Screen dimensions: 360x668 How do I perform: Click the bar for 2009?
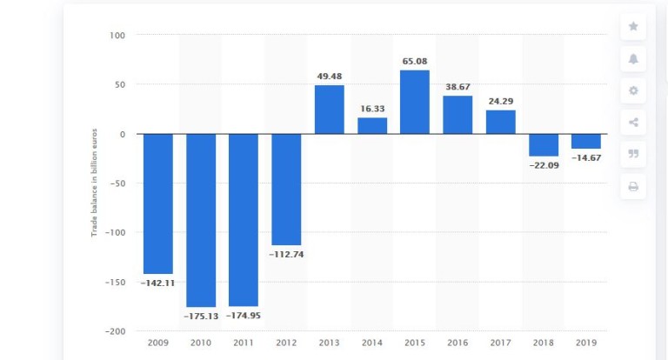tap(157, 203)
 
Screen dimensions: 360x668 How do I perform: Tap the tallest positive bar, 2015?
tap(414, 102)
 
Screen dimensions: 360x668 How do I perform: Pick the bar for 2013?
tap(329, 110)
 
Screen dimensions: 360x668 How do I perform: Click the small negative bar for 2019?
tap(585, 141)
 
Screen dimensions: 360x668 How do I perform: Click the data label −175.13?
tap(200, 316)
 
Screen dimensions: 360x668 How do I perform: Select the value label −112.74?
tap(286, 254)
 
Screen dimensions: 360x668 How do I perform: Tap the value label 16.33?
tap(371, 110)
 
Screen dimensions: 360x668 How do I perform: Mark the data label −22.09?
tap(543, 165)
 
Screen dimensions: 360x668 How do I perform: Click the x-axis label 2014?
tap(371, 343)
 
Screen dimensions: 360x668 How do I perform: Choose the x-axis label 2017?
tap(500, 343)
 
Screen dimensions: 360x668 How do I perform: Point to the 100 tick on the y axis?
tap(117, 36)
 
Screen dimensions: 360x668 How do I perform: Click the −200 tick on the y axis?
tap(115, 331)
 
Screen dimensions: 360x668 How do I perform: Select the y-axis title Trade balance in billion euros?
tap(94, 183)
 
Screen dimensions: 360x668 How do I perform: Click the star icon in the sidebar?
tap(633, 27)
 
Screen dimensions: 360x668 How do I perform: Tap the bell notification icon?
tap(633, 58)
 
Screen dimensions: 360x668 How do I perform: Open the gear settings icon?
tap(633, 90)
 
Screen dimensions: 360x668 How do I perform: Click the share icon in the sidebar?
tap(633, 123)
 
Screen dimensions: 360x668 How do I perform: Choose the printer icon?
tap(633, 186)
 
